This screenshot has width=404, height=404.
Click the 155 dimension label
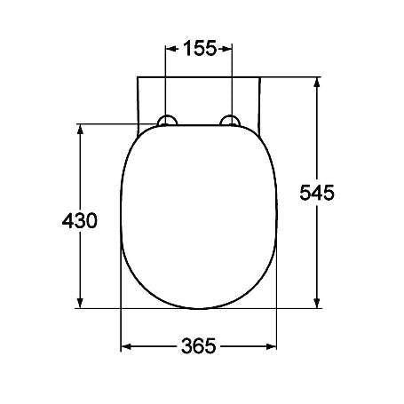(200, 48)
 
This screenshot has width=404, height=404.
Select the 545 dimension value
(317, 192)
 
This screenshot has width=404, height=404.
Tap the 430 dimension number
(80, 219)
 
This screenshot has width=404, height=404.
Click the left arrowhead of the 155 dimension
(170, 48)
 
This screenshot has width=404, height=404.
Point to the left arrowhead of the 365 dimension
(125, 346)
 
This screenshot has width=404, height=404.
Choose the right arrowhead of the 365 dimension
(273, 346)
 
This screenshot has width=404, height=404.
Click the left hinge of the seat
(166, 122)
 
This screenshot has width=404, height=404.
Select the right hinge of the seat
(232, 122)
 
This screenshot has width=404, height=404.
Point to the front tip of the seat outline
(200, 308)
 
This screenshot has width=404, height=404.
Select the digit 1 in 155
(187, 48)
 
